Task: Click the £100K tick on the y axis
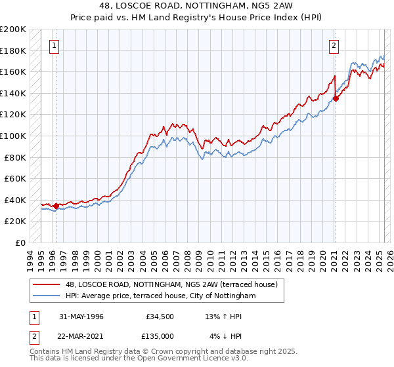coord(14,136)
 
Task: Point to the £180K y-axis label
coord(14,50)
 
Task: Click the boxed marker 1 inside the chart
coord(53,46)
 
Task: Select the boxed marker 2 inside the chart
coord(334,46)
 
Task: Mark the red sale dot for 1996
coord(56,206)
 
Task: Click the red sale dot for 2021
coord(336,98)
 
